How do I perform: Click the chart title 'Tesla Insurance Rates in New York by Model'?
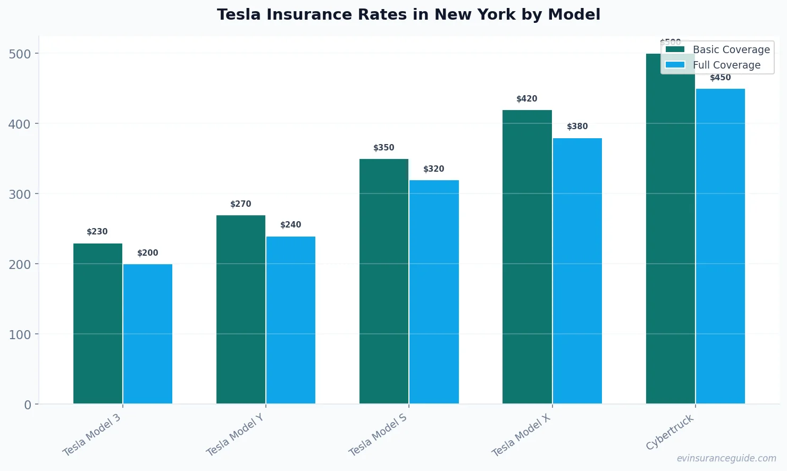(x=408, y=14)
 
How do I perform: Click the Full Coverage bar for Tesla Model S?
(x=434, y=292)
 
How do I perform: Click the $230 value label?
(x=97, y=232)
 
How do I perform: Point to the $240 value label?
(x=291, y=225)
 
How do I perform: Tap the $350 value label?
(x=384, y=148)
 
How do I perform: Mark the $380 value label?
(x=577, y=127)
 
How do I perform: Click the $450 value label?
(x=721, y=78)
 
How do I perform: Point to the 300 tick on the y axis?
(x=20, y=194)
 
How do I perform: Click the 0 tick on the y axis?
(x=28, y=405)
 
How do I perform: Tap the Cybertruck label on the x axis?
(x=670, y=432)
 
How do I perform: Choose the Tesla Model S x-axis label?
(x=378, y=434)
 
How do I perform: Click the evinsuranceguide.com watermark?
(x=726, y=458)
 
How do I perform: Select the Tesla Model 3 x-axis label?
(x=91, y=435)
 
